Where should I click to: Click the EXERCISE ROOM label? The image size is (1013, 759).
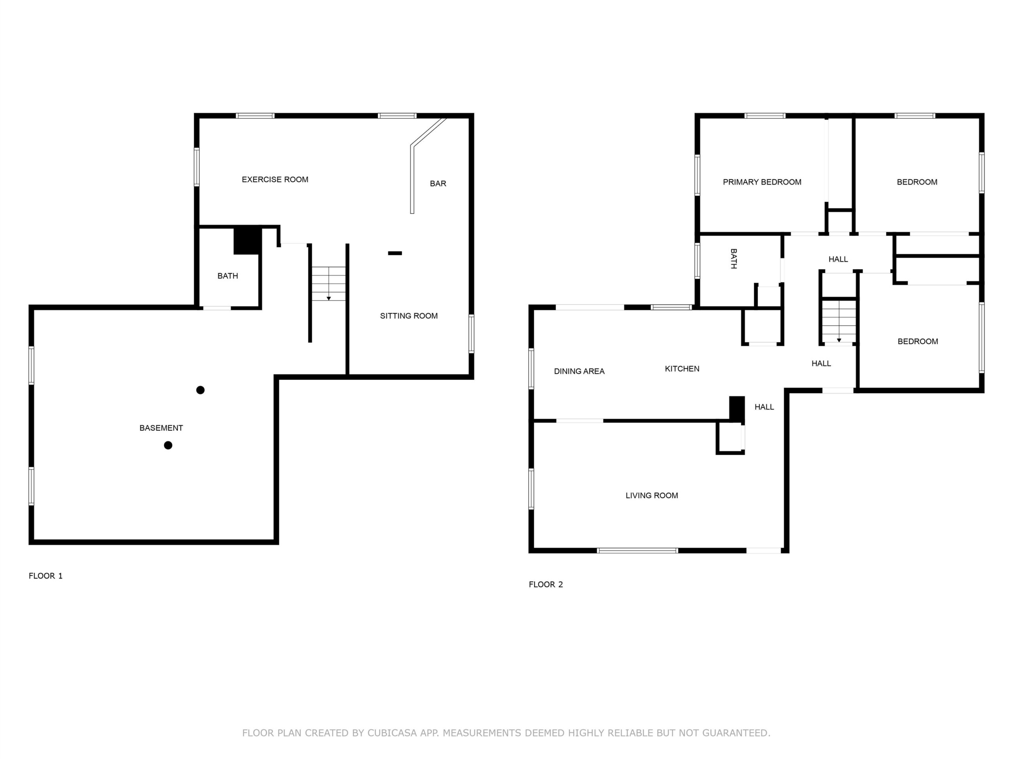coord(275,180)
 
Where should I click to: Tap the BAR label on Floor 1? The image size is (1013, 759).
coord(438,183)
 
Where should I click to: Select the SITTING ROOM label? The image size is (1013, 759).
coord(408,316)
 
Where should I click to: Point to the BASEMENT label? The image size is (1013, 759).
coord(161,428)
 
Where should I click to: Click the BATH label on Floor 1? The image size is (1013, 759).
coord(228,276)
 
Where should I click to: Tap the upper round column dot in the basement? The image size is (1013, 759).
coord(200,390)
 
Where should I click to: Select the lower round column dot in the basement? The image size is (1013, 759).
coord(168,445)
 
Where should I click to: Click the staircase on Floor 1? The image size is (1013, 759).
coord(329,284)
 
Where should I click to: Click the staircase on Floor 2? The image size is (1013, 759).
coord(838,322)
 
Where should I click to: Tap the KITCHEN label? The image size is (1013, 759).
coord(682,369)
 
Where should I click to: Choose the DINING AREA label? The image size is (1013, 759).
coord(579,372)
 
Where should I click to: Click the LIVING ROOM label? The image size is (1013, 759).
coord(652,495)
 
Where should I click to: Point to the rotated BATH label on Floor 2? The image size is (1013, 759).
coord(733,259)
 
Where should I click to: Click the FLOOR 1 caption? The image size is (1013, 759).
coord(46,576)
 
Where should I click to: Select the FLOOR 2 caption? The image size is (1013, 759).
coord(545,584)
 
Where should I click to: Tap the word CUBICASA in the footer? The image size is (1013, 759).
coord(392,733)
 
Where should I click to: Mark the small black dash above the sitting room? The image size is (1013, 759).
coord(395,253)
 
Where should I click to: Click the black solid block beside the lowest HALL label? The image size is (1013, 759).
coord(737,408)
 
